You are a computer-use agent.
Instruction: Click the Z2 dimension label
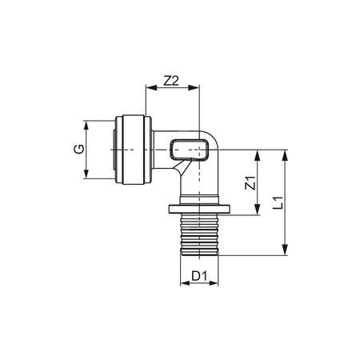(170, 81)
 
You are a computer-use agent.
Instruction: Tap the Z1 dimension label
(250, 182)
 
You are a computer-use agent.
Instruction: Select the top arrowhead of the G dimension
(86, 123)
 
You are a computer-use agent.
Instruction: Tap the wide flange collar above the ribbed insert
(199, 211)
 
